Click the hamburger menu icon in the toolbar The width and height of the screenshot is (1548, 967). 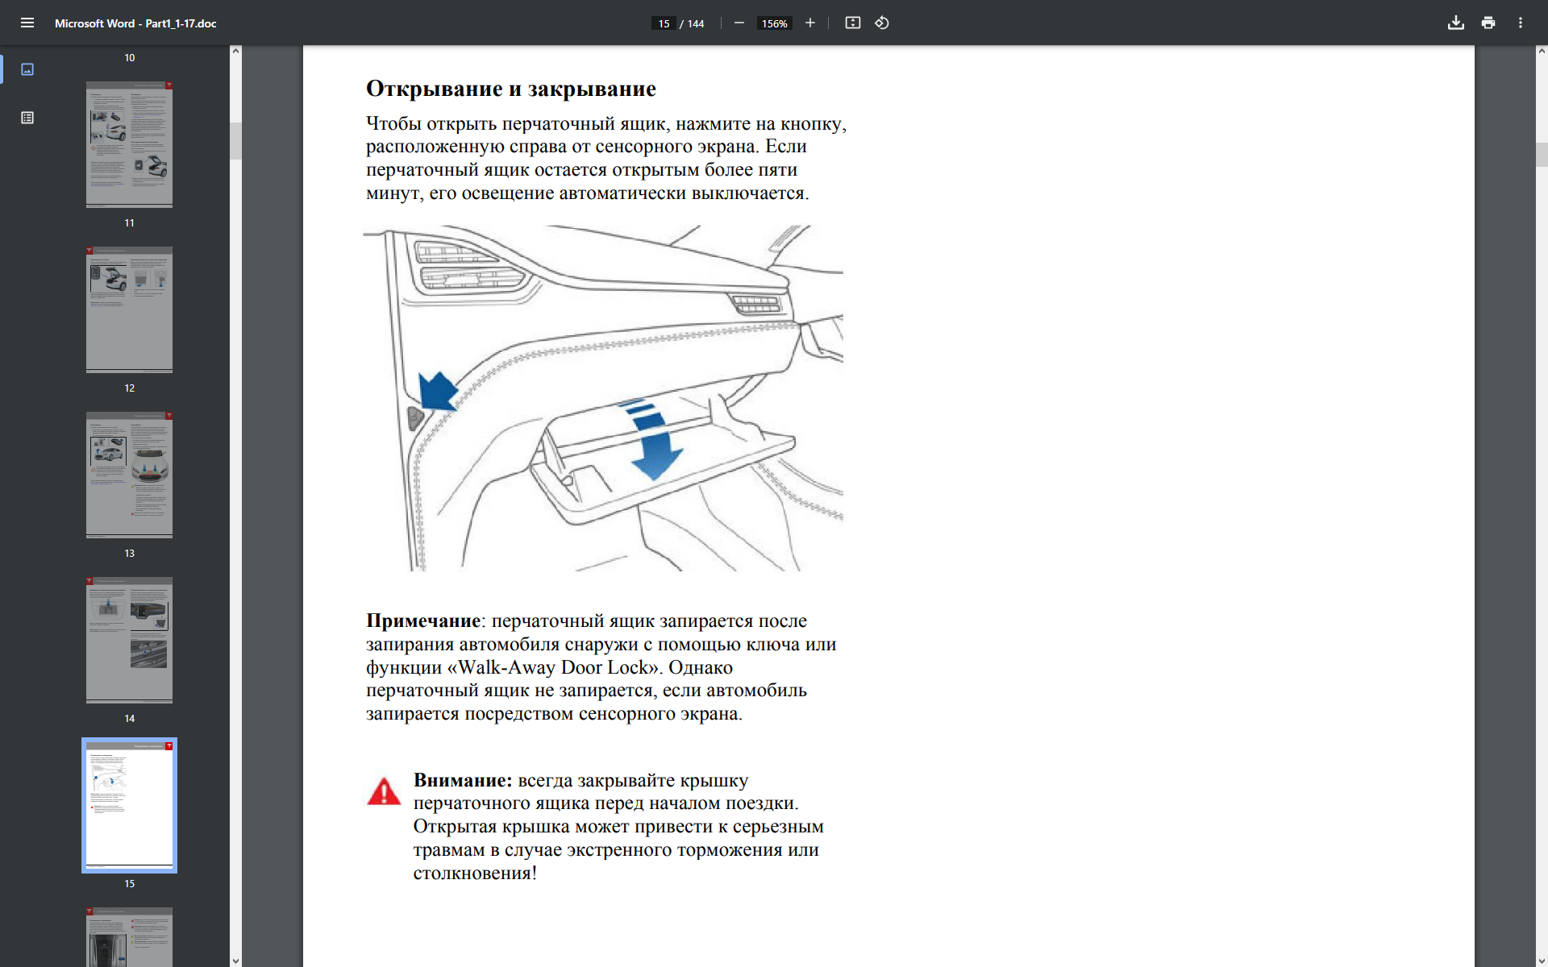(x=27, y=23)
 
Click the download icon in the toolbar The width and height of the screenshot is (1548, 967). (x=1455, y=23)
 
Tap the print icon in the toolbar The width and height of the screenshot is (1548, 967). (x=1488, y=23)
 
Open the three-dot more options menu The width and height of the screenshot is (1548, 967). (x=1521, y=23)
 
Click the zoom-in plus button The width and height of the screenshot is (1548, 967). (x=810, y=23)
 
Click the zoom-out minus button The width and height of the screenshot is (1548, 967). (x=739, y=23)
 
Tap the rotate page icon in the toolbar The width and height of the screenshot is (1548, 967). (x=882, y=23)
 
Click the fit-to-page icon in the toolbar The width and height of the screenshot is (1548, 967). (x=852, y=23)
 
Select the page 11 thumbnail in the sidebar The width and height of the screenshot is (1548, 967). (x=129, y=309)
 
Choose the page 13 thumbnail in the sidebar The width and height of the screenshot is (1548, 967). (x=129, y=640)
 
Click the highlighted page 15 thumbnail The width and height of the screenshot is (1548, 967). (x=129, y=805)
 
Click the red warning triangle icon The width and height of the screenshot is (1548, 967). (x=384, y=792)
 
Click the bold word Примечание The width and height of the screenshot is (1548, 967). (x=422, y=621)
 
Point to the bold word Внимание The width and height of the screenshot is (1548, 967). (x=462, y=781)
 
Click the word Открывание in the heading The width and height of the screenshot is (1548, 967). (x=434, y=89)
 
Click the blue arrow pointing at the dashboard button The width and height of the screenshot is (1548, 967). (x=438, y=391)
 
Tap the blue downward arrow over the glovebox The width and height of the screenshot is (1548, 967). (x=655, y=451)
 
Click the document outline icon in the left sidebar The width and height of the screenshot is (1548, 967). (x=27, y=118)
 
